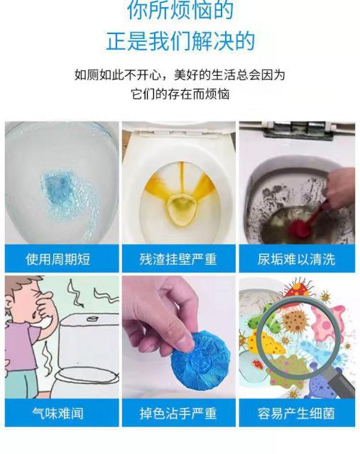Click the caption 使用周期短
(x=58, y=259)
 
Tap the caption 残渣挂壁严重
(x=178, y=259)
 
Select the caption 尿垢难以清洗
(x=297, y=259)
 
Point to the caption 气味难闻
(x=58, y=413)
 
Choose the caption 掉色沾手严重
(x=178, y=413)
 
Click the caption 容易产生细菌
(x=297, y=413)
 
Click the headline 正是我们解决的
(x=180, y=41)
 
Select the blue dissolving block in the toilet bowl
(x=58, y=189)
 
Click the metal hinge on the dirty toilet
(x=298, y=130)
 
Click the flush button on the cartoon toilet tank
(x=92, y=319)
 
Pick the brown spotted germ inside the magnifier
(x=295, y=321)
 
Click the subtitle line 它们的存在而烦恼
(x=180, y=94)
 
